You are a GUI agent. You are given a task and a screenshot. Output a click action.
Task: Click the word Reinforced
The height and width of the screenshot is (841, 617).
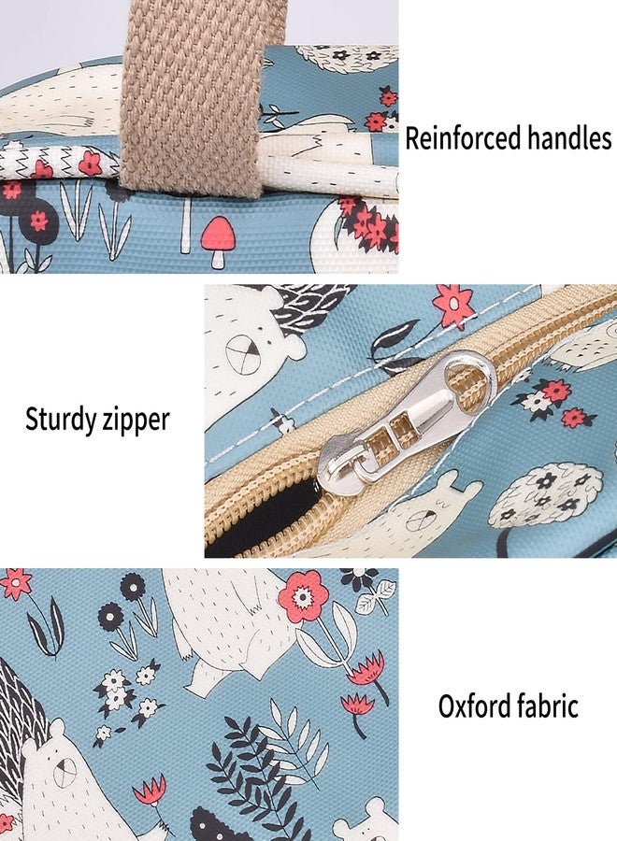pyautogui.click(x=463, y=137)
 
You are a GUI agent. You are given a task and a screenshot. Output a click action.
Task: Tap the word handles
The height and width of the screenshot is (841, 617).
pyautogui.click(x=569, y=137)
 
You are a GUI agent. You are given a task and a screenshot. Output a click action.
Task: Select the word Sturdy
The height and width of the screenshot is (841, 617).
pyautogui.click(x=61, y=420)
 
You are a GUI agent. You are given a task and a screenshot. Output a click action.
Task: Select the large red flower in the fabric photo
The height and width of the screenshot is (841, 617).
pyautogui.click(x=303, y=596)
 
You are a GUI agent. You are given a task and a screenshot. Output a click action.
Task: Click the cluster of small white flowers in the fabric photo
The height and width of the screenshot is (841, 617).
pyautogui.click(x=126, y=694)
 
